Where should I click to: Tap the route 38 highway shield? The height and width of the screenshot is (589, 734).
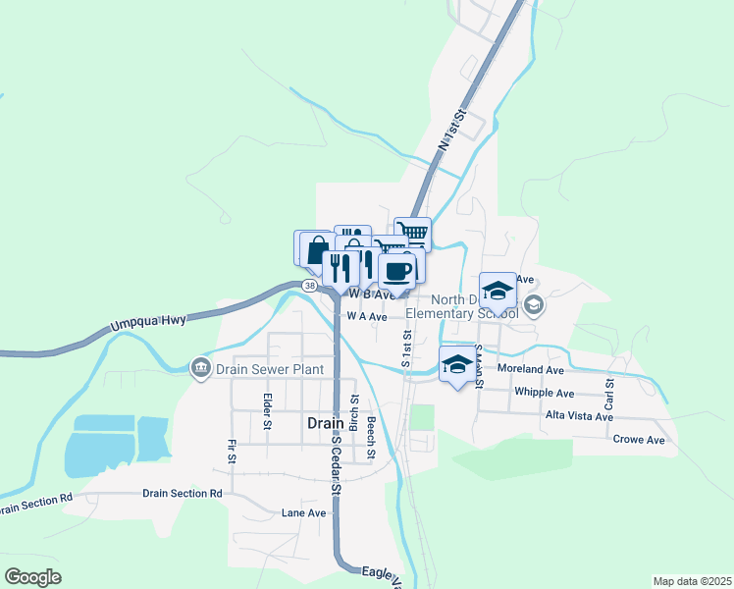click(310, 286)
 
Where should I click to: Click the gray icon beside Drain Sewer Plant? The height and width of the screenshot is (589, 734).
click(200, 367)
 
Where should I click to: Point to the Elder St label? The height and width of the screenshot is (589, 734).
click(267, 412)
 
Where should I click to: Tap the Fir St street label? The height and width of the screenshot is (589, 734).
click(233, 452)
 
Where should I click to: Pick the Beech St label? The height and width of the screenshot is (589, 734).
click(372, 438)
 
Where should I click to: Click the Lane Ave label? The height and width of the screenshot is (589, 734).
click(303, 512)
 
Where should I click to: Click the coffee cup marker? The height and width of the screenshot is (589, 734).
click(397, 271)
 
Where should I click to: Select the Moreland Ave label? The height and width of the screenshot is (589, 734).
click(531, 370)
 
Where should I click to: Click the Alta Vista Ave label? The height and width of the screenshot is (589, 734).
click(579, 416)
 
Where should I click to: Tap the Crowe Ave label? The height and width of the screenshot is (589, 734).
click(638, 440)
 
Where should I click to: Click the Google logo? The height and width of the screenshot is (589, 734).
click(32, 577)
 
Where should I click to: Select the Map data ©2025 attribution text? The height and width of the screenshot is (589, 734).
click(692, 581)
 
